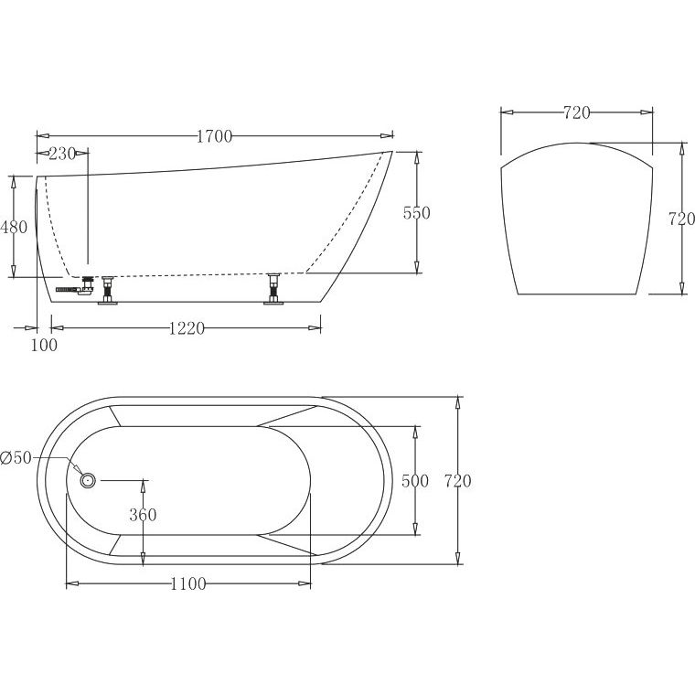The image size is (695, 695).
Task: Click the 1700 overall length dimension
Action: click(215, 136)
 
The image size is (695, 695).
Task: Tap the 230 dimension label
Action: click(62, 154)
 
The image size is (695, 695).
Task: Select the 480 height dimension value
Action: click(14, 227)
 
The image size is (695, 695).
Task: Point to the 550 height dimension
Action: click(417, 213)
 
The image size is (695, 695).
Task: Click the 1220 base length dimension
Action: click(187, 328)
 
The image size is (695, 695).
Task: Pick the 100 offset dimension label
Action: click(44, 345)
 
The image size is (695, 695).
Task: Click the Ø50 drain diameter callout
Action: click(16, 457)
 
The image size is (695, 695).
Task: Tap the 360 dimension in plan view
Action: click(144, 515)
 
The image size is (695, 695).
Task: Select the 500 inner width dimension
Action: click(415, 481)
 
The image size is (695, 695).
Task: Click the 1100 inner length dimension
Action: click(188, 584)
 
